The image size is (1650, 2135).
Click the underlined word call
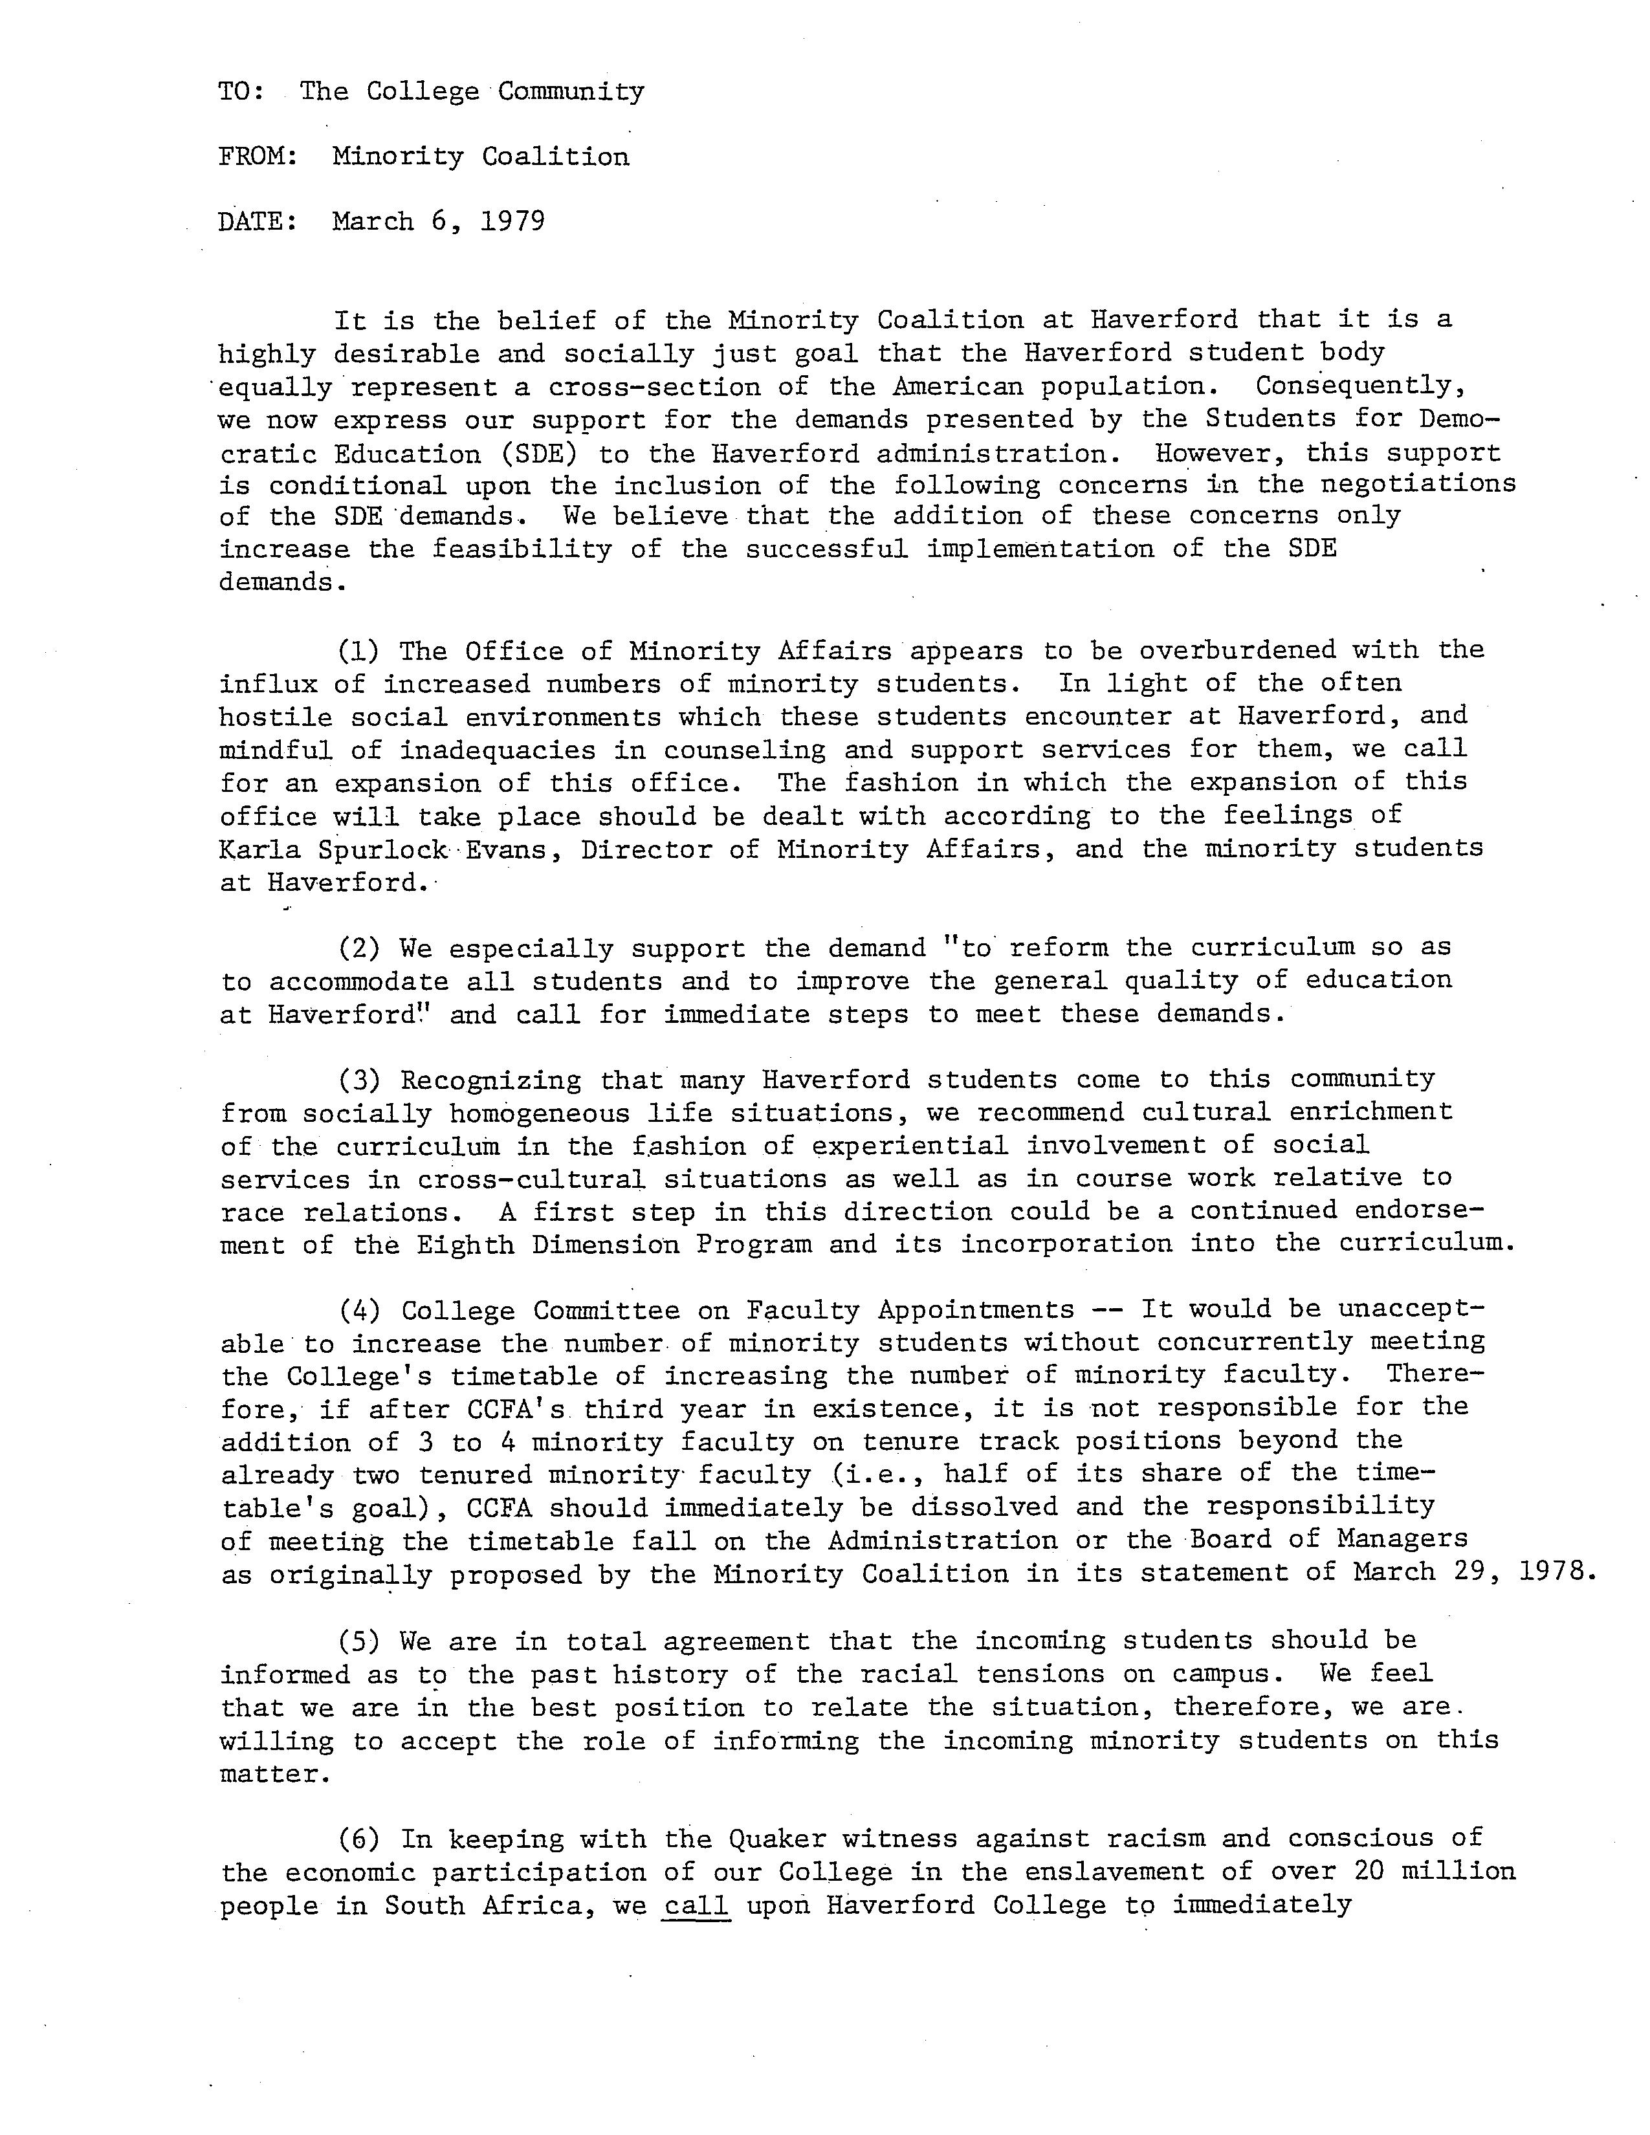pos(696,1905)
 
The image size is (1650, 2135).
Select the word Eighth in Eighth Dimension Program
pos(465,1244)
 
